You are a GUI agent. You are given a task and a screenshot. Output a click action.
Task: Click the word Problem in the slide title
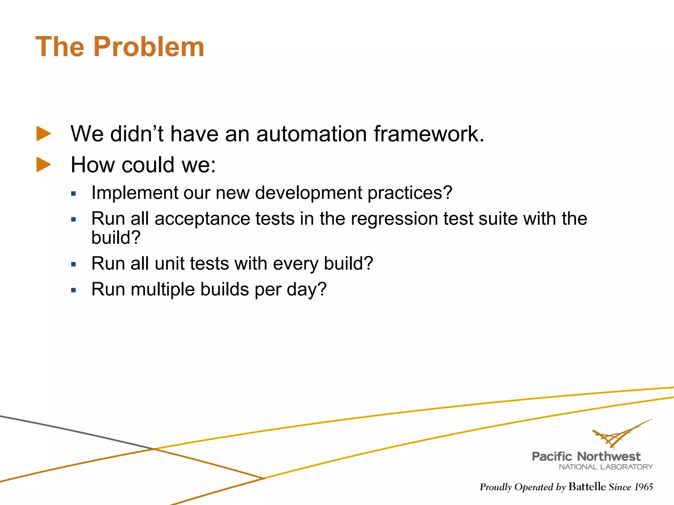[x=149, y=47]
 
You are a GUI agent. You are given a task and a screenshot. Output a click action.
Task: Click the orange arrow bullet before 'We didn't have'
[x=43, y=134]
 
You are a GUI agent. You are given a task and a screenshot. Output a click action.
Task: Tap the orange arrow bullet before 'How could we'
[x=43, y=164]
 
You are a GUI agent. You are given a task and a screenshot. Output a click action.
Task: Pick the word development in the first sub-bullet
[x=308, y=193]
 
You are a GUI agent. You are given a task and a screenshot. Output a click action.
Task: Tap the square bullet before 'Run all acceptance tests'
[x=73, y=219]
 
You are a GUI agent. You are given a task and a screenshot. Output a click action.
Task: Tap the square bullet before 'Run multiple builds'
[x=73, y=290]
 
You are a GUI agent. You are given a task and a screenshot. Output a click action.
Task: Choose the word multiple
[x=163, y=289]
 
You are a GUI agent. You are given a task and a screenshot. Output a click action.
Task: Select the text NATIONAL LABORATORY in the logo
[x=606, y=467]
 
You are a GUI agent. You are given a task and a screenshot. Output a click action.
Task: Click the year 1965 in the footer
[x=643, y=487]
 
